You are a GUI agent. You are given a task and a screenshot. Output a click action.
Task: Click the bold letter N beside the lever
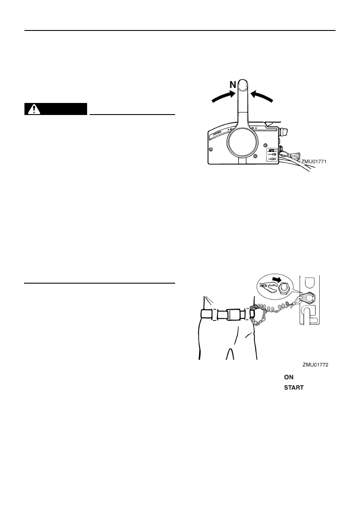(233, 85)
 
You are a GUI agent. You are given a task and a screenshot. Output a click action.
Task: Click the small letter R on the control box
(256, 128)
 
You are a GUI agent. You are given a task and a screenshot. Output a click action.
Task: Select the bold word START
(293, 387)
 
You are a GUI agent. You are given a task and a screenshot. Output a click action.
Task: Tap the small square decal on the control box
(272, 154)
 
